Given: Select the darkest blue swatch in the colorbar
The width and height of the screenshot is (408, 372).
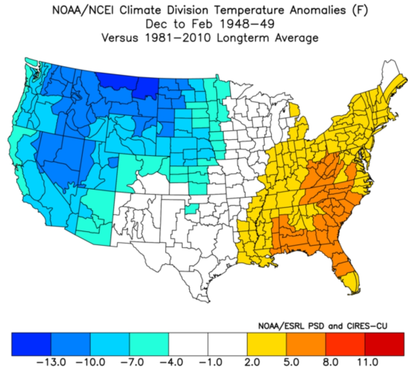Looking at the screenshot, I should click(x=31, y=343).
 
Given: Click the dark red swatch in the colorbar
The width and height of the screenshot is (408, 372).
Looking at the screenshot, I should click(x=384, y=343).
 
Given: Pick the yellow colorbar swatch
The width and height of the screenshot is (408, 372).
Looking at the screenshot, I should click(x=267, y=343).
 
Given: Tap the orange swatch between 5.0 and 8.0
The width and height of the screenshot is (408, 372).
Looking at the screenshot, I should click(x=306, y=343).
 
